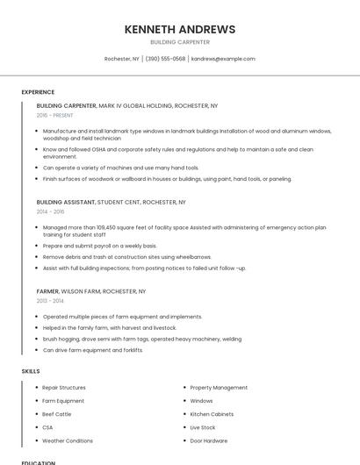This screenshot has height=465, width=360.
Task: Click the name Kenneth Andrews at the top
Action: coord(180,29)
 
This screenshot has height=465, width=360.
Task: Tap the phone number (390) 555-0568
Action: coord(165,59)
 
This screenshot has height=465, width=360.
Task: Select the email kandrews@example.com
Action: coord(223,59)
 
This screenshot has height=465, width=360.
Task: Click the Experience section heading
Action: coord(38,92)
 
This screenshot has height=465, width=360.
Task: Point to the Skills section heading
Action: coord(31,371)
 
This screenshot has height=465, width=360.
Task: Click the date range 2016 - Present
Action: coord(55,115)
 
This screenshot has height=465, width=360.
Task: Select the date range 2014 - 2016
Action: coord(51,211)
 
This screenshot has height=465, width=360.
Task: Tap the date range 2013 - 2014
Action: coord(51,301)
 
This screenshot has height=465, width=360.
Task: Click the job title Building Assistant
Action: coord(66,202)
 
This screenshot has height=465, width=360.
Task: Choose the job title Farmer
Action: coord(47,291)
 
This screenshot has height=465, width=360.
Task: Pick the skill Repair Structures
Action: coord(64,387)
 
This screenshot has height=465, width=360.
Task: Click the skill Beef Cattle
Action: coord(57,414)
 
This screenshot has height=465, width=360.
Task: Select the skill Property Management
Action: coord(219,387)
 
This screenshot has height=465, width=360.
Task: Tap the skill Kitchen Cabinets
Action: coord(212,414)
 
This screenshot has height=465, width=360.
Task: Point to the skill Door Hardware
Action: coord(209,440)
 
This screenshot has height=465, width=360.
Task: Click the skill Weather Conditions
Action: coord(68,440)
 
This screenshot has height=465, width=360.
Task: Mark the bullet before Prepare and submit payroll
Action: coord(37,246)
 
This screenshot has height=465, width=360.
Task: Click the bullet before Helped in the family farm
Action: coord(37,327)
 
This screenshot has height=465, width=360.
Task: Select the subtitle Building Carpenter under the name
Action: coord(180,42)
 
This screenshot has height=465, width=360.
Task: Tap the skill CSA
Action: coord(47,427)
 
